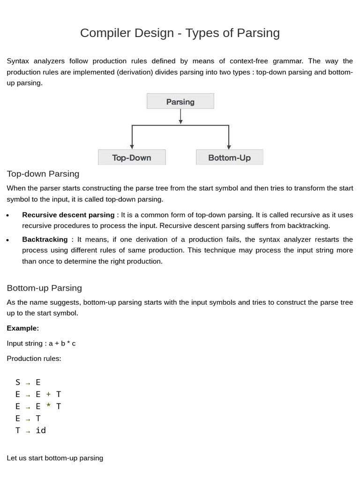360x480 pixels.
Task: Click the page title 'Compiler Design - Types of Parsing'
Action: click(x=180, y=33)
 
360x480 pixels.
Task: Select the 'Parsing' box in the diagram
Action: click(x=180, y=101)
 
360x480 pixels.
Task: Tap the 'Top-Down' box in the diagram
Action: click(x=132, y=157)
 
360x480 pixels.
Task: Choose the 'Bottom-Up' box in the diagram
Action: click(x=229, y=157)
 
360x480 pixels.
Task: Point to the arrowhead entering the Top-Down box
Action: click(x=132, y=147)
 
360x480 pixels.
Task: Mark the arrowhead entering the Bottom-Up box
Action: click(x=229, y=147)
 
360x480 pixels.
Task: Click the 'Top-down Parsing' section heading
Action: click(x=43, y=174)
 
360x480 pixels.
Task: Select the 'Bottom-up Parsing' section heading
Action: click(x=44, y=288)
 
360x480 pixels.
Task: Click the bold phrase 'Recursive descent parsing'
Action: click(x=68, y=215)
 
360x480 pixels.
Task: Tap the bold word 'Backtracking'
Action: click(x=45, y=239)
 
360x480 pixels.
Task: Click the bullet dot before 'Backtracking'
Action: click(x=8, y=240)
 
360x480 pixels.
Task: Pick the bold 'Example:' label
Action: click(x=22, y=328)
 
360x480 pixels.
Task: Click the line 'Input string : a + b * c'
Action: click(x=41, y=343)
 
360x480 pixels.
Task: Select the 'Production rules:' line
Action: click(x=34, y=359)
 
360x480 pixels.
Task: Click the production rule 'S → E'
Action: click(x=28, y=382)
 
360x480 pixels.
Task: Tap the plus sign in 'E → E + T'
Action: click(x=48, y=395)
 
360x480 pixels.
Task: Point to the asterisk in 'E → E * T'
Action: click(x=48, y=406)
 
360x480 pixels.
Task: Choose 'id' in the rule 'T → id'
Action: click(x=41, y=430)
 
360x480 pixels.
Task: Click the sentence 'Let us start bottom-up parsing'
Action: click(x=55, y=457)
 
